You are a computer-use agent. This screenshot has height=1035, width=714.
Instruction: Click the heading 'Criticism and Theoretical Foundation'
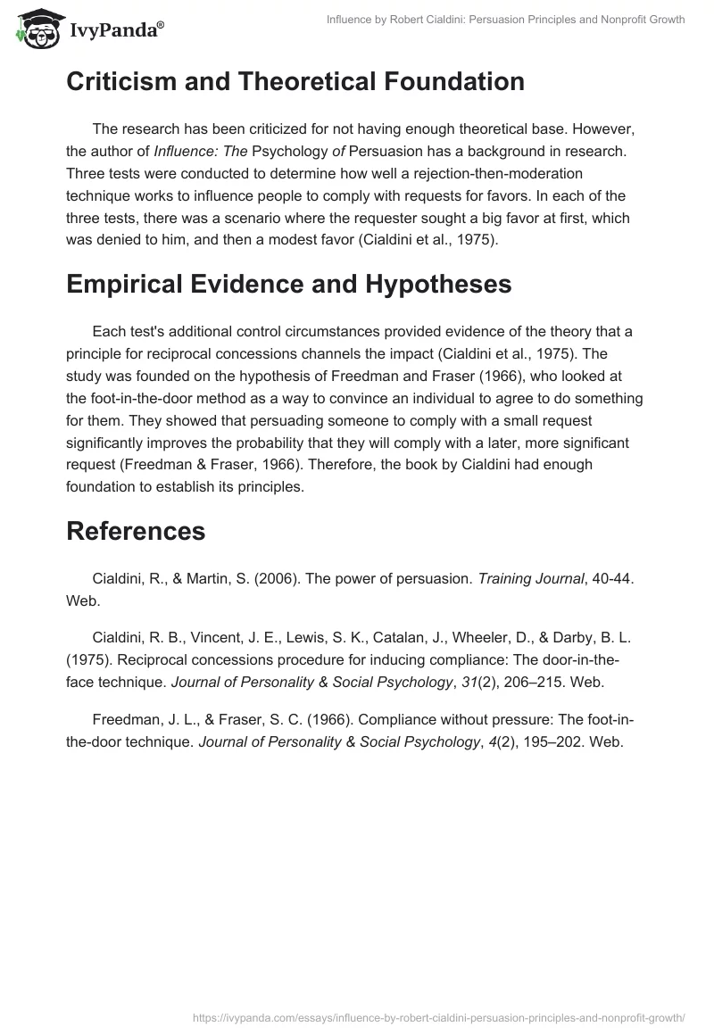coord(295,82)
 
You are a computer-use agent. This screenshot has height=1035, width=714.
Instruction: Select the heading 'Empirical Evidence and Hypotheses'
coord(288,284)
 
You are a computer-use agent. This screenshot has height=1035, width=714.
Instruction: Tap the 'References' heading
coord(136,531)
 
